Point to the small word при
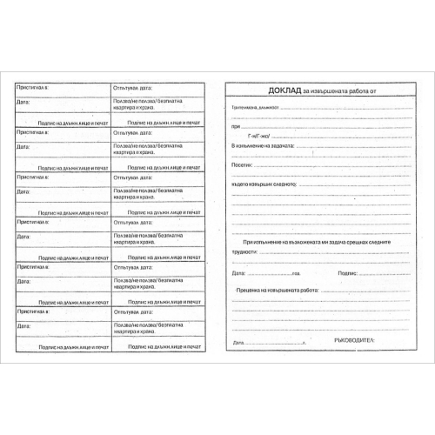[234, 126]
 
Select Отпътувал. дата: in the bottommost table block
[131, 311]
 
